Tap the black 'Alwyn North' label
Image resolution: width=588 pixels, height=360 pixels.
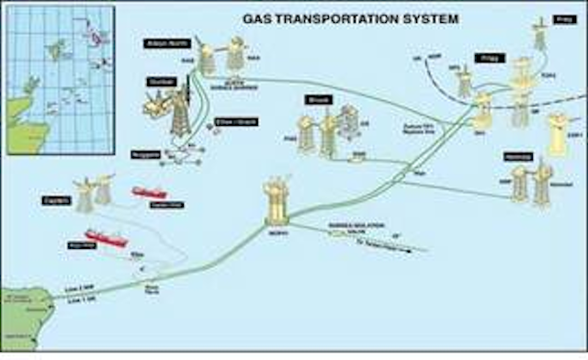[164, 43]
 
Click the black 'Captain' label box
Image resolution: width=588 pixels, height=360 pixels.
[56, 197]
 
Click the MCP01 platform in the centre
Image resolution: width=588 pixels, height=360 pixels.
[276, 202]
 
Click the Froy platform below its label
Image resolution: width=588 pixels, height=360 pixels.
[540, 37]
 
